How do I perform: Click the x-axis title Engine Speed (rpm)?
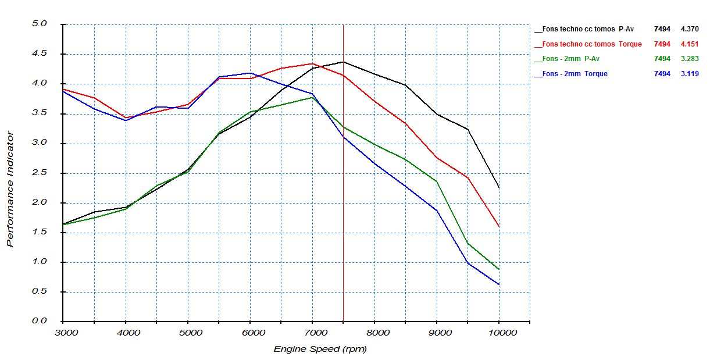pyautogui.click(x=320, y=349)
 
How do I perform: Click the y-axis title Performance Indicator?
pyautogui.click(x=10, y=190)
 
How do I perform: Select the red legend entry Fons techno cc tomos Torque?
pyautogui.click(x=587, y=44)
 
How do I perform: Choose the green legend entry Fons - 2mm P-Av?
pyautogui.click(x=570, y=59)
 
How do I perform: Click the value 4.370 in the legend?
pyautogui.click(x=690, y=28)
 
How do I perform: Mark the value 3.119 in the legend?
pyautogui.click(x=690, y=74)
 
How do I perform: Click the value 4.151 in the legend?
pyautogui.click(x=690, y=44)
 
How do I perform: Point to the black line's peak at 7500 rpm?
pyautogui.click(x=343, y=62)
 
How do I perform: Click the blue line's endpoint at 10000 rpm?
pyautogui.click(x=499, y=284)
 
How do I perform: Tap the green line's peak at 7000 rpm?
pyautogui.click(x=312, y=97)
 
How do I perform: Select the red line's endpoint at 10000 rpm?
pyautogui.click(x=499, y=227)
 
